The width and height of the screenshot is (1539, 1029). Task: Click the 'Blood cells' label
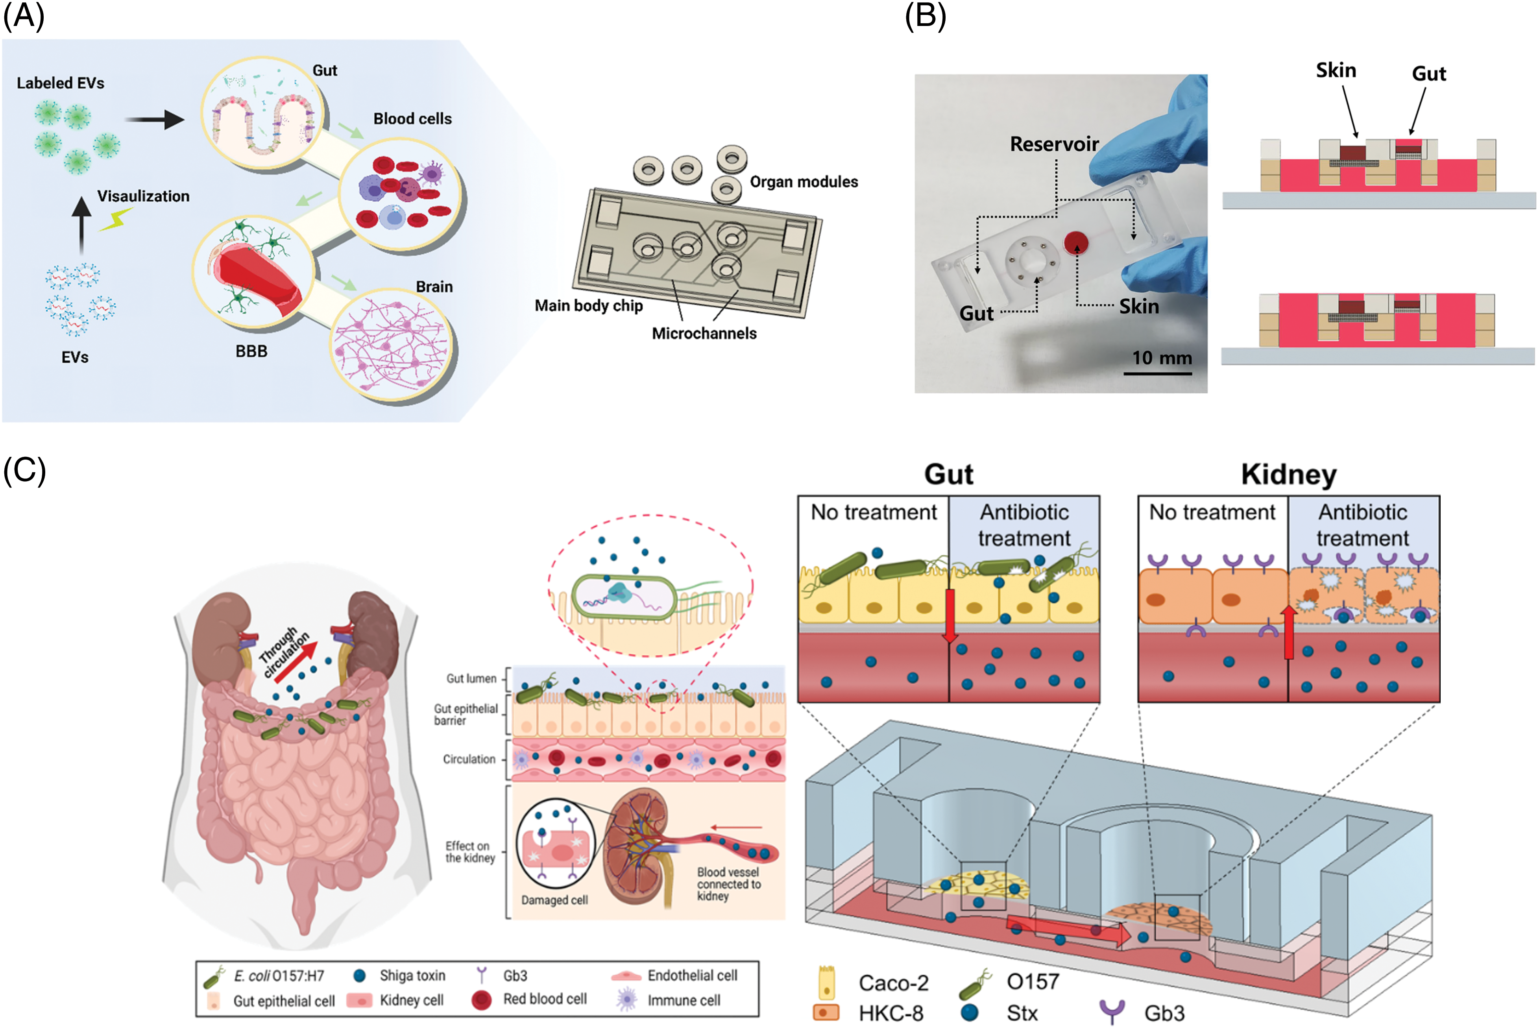coord(412,119)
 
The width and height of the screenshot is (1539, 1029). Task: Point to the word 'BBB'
coord(251,352)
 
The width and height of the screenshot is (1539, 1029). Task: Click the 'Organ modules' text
coord(804,182)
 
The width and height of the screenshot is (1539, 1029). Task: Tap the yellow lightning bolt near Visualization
coord(116,219)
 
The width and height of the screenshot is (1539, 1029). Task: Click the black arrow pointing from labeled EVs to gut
coord(154,120)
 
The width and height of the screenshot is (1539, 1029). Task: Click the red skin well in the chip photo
coord(1076,243)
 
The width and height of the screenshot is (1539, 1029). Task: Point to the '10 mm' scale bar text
coord(1162,358)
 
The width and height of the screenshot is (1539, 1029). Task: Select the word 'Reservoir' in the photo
coord(1054,144)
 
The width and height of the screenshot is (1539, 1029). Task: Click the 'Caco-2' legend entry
coord(893,983)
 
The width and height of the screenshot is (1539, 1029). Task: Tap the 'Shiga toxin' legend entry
coord(412,976)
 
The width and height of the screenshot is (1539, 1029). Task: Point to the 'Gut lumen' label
coord(471,678)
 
